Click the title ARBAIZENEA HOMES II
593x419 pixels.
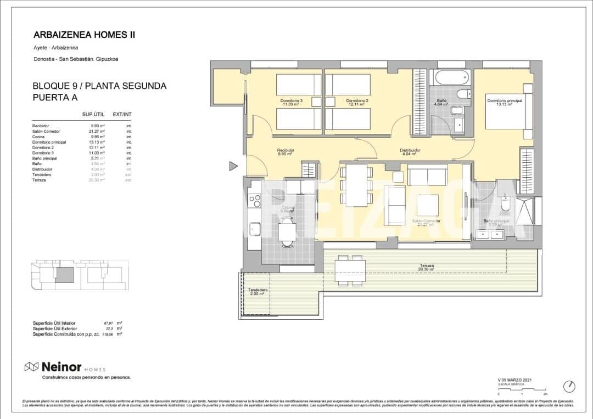coord(84,35)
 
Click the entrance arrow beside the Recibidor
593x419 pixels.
coord(233,166)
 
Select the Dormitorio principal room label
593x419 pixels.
coord(504,101)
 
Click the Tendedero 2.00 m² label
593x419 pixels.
coord(257,292)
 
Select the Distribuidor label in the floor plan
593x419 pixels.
coord(410,151)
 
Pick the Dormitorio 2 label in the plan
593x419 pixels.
coord(357,101)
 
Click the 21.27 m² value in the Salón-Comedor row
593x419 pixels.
coord(97,132)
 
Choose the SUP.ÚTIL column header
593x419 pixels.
coord(93,115)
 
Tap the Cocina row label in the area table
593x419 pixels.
coord(39,137)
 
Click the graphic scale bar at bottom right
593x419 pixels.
coord(522,389)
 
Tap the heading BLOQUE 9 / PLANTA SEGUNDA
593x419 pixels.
coord(99,86)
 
